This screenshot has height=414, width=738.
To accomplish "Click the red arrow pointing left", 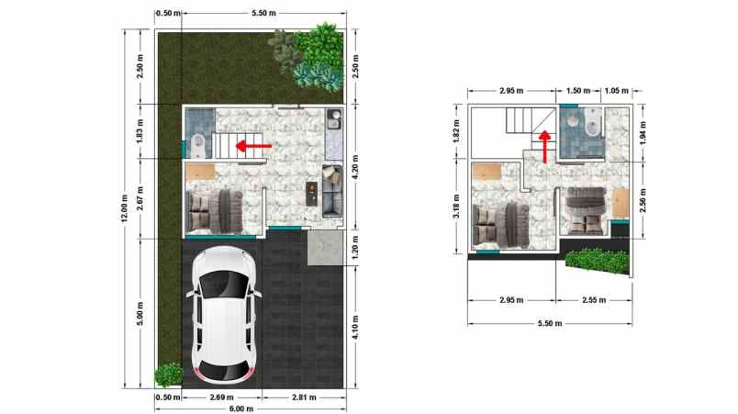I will (x=253, y=145).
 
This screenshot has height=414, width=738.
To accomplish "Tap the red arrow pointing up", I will (x=545, y=145).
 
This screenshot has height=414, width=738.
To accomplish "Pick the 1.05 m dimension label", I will (x=619, y=92).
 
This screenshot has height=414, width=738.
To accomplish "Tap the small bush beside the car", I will (x=168, y=375).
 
